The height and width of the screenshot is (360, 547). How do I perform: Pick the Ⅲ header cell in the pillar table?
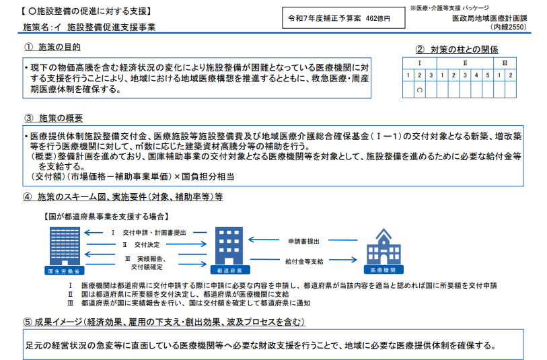coord(505,63)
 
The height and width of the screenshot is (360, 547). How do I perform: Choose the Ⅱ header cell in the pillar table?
coord(465,63)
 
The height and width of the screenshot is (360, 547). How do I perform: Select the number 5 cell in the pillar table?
coord(486,75)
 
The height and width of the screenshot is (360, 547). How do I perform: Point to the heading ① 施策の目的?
coord(52,47)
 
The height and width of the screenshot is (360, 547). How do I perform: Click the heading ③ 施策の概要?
coord(52,118)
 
